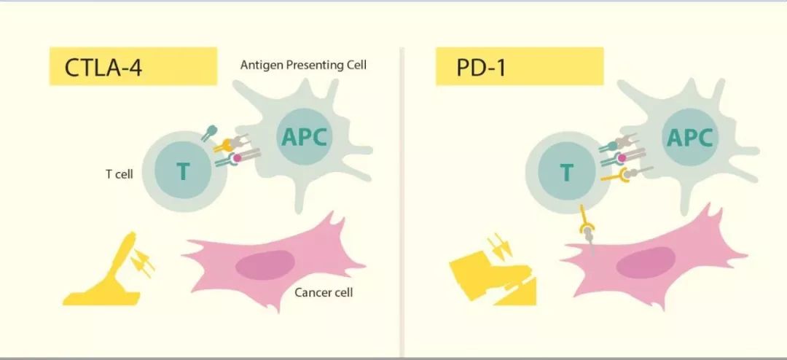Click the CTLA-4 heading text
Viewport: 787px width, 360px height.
coord(103,67)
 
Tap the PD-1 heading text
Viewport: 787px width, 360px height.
coord(481,67)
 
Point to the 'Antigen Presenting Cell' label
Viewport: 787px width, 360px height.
coord(303,65)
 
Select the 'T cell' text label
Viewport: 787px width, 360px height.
coord(119,174)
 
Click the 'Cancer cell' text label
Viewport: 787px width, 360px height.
coord(324,293)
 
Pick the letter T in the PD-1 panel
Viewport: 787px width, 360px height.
coord(566,173)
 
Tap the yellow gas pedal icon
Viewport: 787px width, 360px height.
coord(106,273)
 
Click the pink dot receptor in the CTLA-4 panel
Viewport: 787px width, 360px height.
coord(237,157)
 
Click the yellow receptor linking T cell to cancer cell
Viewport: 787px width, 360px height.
coord(587,232)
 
